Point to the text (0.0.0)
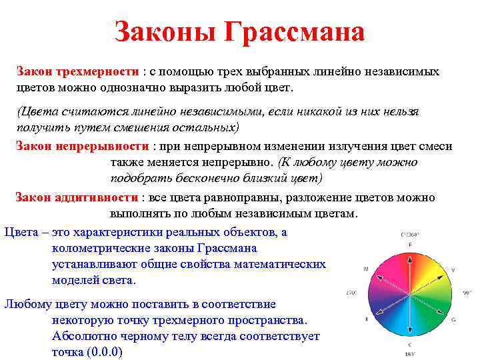101,352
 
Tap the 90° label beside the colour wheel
467,293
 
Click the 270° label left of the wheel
351,293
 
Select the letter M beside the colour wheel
366,269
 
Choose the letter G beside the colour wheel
454,319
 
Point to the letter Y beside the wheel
453,269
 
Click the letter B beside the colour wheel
367,319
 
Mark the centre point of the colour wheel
409,293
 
